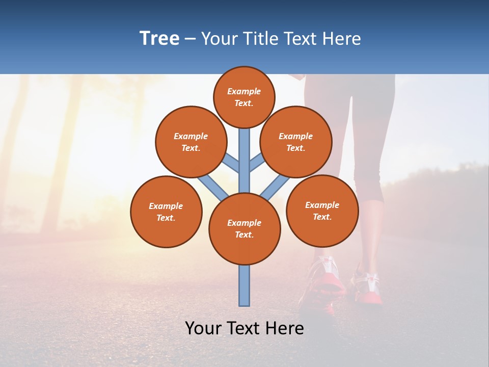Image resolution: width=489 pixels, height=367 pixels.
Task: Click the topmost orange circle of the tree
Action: coord(244,97)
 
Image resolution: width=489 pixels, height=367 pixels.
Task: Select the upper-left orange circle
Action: coord(191,142)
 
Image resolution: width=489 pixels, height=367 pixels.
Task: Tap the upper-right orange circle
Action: coord(296,142)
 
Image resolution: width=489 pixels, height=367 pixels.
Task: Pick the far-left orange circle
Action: coord(166,212)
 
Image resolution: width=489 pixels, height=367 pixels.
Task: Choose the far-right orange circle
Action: coord(322,211)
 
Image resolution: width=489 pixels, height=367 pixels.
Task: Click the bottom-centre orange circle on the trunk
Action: coord(244,228)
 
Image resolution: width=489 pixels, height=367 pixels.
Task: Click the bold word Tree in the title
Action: coord(159,38)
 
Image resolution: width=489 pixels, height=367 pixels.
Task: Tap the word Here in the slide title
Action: coord(342,38)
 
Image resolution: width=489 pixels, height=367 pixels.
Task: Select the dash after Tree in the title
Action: coord(191,39)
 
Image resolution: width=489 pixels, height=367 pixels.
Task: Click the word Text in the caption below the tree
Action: coord(244,328)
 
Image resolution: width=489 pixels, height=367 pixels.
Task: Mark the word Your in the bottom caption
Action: coord(203,328)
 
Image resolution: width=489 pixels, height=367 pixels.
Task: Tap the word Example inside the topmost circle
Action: coord(244,91)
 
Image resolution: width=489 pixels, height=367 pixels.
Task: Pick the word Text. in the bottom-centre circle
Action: coord(244,234)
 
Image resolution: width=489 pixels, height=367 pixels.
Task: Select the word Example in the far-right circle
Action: coord(322,205)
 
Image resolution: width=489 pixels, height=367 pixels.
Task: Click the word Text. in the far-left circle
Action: coord(166,218)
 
